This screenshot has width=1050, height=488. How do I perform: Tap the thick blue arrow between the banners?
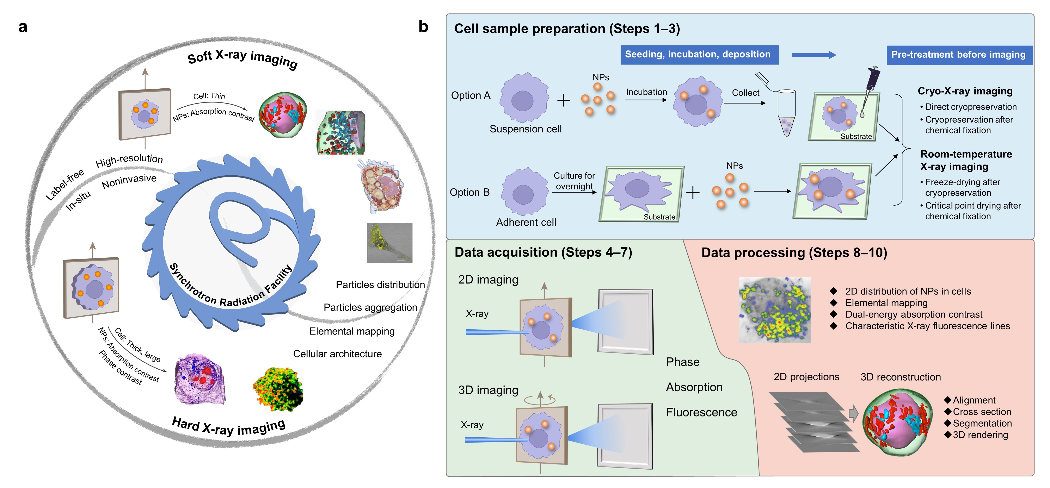click(x=813, y=55)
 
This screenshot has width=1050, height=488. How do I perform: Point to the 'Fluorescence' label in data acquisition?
click(x=701, y=412)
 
